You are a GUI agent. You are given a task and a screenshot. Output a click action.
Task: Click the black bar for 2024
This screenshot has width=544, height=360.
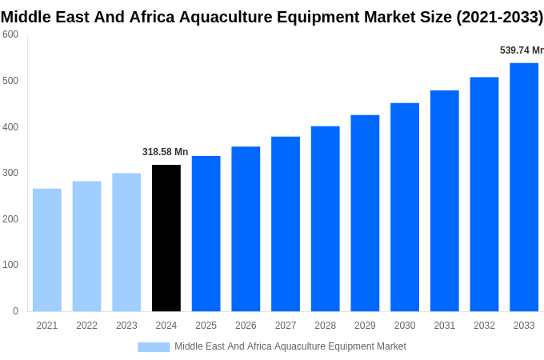tap(166, 238)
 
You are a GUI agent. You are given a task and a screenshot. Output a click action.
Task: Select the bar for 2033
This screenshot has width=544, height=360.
tap(524, 186)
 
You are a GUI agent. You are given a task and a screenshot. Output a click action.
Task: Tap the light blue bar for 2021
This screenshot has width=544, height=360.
tap(47, 250)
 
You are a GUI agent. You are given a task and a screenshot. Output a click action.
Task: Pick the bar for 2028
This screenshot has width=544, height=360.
tap(325, 218)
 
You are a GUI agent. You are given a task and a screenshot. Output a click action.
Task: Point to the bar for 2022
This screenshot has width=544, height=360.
tap(86, 246)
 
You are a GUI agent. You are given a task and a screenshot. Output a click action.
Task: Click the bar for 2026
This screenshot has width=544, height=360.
tap(246, 229)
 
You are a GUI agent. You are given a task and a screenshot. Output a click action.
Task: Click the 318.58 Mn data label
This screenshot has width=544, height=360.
tap(165, 152)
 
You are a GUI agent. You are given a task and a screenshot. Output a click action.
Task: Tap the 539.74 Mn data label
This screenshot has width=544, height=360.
tap(521, 50)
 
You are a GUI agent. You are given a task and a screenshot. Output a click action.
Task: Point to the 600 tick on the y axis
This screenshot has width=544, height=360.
tap(10, 34)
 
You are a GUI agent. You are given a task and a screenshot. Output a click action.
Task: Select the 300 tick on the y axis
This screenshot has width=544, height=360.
tap(10, 173)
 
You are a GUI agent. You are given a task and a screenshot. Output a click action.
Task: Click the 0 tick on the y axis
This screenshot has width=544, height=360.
tap(15, 311)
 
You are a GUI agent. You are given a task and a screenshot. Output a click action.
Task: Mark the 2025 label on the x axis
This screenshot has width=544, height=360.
tap(206, 326)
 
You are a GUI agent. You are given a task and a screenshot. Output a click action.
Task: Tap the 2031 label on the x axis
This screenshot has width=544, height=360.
tap(444, 326)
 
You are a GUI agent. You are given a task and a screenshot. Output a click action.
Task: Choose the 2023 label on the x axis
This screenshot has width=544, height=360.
tap(126, 326)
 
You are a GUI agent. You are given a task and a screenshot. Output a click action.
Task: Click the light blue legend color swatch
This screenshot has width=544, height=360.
tap(154, 346)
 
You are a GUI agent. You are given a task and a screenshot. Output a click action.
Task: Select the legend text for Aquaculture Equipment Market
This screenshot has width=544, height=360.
tap(290, 346)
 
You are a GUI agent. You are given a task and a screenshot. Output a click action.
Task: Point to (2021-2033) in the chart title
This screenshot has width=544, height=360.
tap(499, 17)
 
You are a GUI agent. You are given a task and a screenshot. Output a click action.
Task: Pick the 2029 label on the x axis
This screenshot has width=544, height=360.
tap(365, 326)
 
